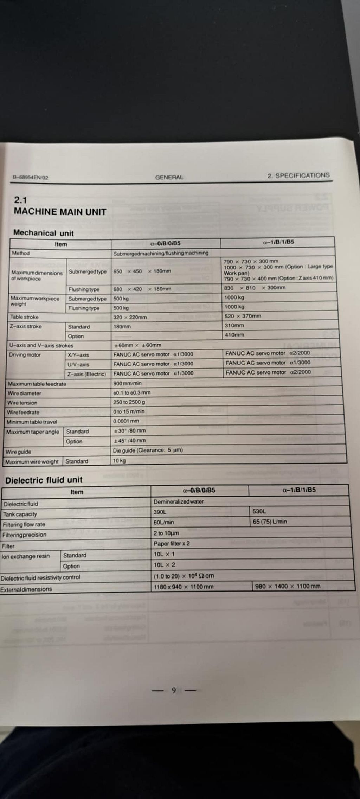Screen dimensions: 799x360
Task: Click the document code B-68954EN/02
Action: click(x=30, y=178)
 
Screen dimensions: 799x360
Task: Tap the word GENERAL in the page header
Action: click(x=169, y=177)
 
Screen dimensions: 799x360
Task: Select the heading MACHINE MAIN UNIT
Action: click(x=60, y=212)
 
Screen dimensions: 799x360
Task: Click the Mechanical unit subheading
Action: click(x=44, y=233)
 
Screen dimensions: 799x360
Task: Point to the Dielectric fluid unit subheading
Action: click(x=44, y=480)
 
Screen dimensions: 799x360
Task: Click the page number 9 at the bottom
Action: click(x=174, y=690)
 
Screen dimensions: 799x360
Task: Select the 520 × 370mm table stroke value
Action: click(x=243, y=316)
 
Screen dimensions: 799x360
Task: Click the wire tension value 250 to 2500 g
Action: click(x=129, y=402)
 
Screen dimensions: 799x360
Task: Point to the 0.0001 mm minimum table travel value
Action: click(x=126, y=421)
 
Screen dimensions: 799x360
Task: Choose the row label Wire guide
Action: click(x=18, y=452)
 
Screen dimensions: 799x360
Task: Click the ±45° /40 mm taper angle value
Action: click(x=129, y=440)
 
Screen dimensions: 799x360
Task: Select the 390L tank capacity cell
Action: click(x=160, y=512)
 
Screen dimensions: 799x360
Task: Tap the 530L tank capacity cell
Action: click(x=259, y=511)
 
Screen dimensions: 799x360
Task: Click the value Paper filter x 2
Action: click(x=172, y=543)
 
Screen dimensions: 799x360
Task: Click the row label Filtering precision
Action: click(x=24, y=535)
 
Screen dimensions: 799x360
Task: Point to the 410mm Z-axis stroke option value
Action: click(x=234, y=335)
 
